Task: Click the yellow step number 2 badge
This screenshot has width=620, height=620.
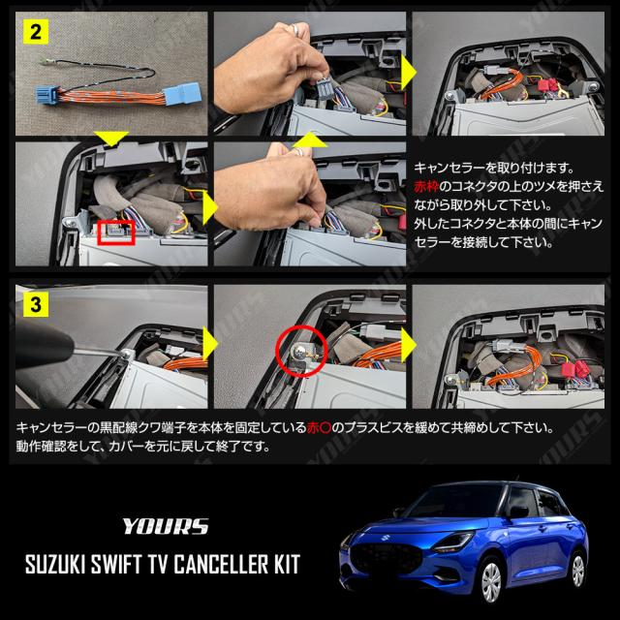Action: click(36, 31)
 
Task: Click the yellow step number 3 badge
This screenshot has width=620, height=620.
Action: click(36, 304)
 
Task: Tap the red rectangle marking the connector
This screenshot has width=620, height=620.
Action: click(116, 232)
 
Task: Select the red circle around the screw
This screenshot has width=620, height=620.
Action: click(301, 350)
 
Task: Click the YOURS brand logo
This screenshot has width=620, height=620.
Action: click(166, 526)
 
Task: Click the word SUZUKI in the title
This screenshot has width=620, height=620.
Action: click(55, 564)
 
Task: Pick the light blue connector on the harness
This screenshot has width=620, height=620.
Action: click(183, 93)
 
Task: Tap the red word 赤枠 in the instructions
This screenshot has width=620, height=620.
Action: click(426, 187)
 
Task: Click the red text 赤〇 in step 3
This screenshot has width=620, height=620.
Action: click(319, 428)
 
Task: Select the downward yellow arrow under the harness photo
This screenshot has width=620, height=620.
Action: click(111, 138)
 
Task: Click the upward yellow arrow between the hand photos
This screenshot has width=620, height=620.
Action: click(310, 139)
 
